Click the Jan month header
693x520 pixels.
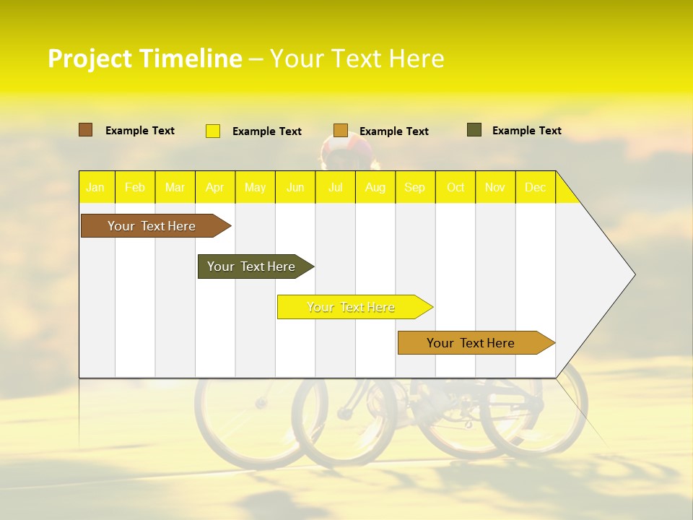pyautogui.click(x=95, y=187)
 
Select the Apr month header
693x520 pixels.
pyautogui.click(x=214, y=187)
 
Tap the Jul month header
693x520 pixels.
pyautogui.click(x=335, y=187)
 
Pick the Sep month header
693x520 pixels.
pyautogui.click(x=414, y=187)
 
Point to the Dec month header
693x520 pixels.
pyautogui.click(x=535, y=187)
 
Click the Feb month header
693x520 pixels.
pyautogui.click(x=135, y=187)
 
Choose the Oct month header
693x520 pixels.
pyautogui.click(x=456, y=187)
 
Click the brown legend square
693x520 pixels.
pyautogui.click(x=85, y=130)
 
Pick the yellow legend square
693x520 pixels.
pyautogui.click(x=213, y=131)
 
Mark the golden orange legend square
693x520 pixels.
pyautogui.click(x=341, y=130)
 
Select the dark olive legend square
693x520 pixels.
pyautogui.click(x=474, y=130)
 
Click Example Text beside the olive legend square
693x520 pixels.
pyautogui.click(x=526, y=131)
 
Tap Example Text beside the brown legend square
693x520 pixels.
pyautogui.click(x=140, y=131)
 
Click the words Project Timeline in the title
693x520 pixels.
pyautogui.click(x=144, y=58)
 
